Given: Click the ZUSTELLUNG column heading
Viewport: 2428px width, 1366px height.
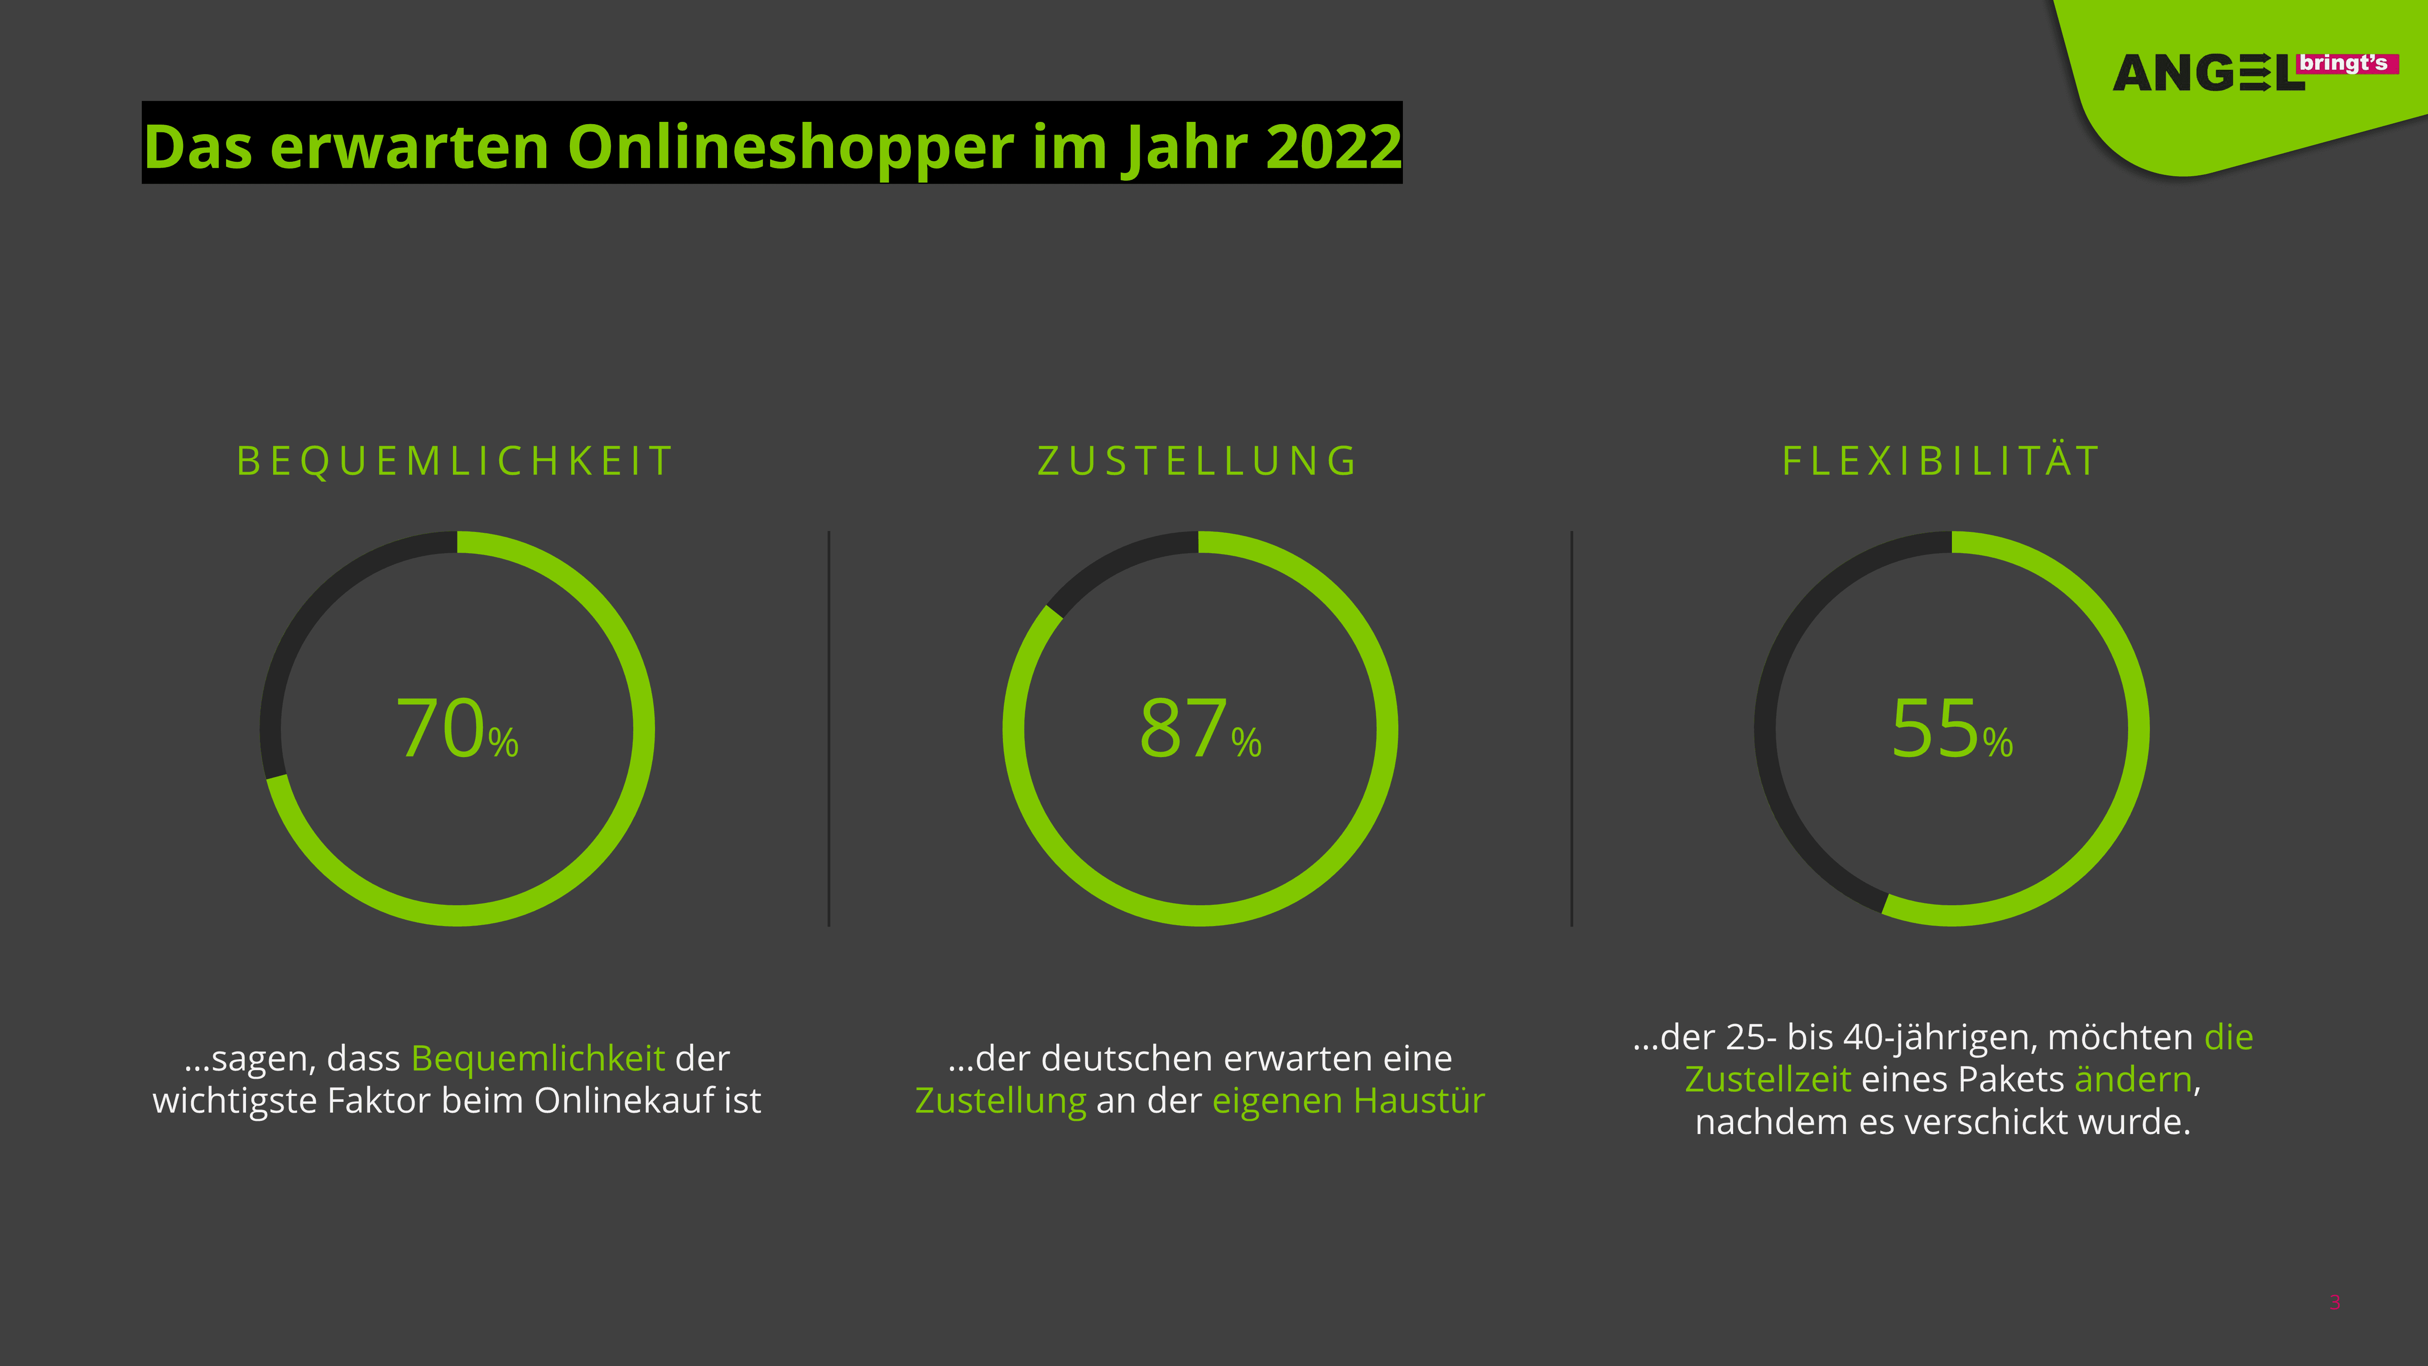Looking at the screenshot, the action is point(1197,461).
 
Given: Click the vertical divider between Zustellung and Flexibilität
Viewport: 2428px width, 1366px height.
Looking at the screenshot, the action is point(1572,729).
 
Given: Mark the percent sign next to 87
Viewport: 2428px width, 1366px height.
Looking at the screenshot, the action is point(1246,742).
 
